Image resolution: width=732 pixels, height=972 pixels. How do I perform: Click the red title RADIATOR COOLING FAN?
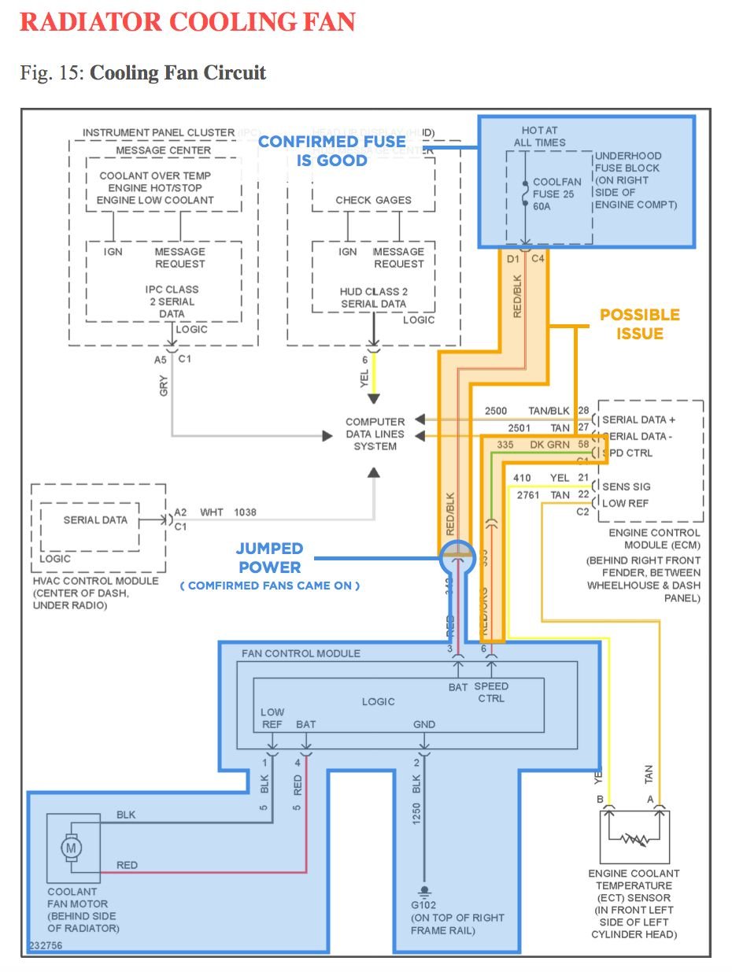point(187,21)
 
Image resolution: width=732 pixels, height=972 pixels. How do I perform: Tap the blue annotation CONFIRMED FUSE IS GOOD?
point(331,150)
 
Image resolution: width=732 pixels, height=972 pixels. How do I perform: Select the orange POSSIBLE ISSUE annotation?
point(640,323)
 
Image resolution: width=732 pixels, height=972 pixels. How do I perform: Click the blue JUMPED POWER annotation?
point(268,558)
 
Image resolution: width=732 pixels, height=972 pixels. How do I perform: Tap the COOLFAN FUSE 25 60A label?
point(556,194)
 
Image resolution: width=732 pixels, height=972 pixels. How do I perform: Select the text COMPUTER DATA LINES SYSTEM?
point(375,434)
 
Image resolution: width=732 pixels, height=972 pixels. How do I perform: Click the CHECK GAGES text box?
point(373,200)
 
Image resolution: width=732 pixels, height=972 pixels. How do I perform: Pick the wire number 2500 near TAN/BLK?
point(496,411)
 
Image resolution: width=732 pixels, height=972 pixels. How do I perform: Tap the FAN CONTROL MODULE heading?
point(301,653)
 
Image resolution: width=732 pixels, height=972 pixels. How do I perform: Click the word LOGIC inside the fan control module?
point(378,701)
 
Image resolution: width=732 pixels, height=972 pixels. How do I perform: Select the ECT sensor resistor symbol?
point(635,839)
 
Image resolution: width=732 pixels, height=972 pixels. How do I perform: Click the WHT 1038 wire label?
point(227,512)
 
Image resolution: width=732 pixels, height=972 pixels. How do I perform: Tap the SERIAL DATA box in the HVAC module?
point(95,519)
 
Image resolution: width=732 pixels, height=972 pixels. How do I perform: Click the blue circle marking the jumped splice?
point(457,556)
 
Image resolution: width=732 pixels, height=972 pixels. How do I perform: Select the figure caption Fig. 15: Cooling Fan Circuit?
point(143,73)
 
